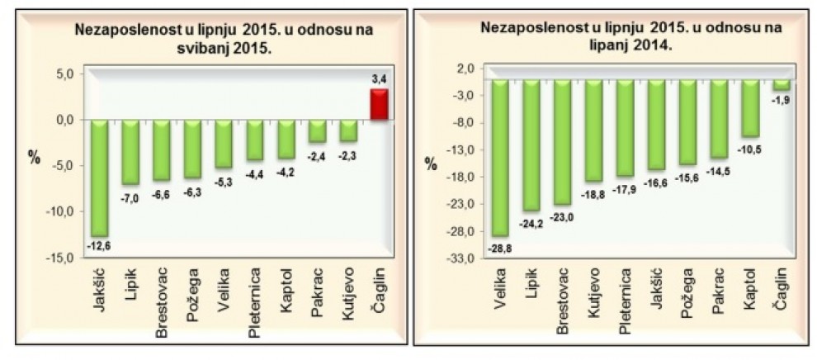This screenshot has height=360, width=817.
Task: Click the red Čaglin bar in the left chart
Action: (x=379, y=104)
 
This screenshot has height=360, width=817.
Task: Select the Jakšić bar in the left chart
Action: (x=100, y=178)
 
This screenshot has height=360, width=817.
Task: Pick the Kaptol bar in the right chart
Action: (x=750, y=108)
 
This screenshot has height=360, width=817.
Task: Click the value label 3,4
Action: (x=380, y=80)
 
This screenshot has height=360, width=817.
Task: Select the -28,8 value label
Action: (x=499, y=249)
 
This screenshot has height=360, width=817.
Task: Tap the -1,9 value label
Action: (x=782, y=100)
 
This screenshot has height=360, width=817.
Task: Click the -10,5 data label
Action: (x=749, y=149)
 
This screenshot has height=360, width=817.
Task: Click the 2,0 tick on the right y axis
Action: (x=465, y=69)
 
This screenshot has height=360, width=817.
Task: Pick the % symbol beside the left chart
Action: (x=35, y=159)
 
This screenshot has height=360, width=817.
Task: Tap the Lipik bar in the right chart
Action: (x=531, y=144)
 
